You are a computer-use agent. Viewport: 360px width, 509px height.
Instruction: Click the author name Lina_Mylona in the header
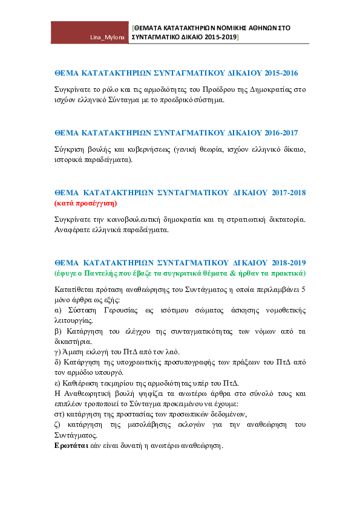107,37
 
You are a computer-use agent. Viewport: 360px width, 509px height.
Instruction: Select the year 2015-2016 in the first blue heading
281,73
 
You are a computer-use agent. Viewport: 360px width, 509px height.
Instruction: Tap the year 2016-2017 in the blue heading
281,133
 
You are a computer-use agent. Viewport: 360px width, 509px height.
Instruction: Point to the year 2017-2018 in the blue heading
289,192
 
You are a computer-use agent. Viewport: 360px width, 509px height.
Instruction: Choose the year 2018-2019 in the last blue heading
289,262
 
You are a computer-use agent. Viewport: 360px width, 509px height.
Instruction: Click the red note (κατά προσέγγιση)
86,204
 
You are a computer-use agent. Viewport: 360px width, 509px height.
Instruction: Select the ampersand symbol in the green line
232,273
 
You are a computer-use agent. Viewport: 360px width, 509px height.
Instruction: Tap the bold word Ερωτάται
71,446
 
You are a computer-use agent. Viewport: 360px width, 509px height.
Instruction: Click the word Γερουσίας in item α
121,310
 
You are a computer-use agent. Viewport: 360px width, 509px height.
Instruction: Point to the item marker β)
58,331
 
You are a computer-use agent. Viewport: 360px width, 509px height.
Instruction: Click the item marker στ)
59,414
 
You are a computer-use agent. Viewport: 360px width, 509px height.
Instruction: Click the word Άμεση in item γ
73,352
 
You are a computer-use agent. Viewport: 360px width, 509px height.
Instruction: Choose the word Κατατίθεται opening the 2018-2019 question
73,290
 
